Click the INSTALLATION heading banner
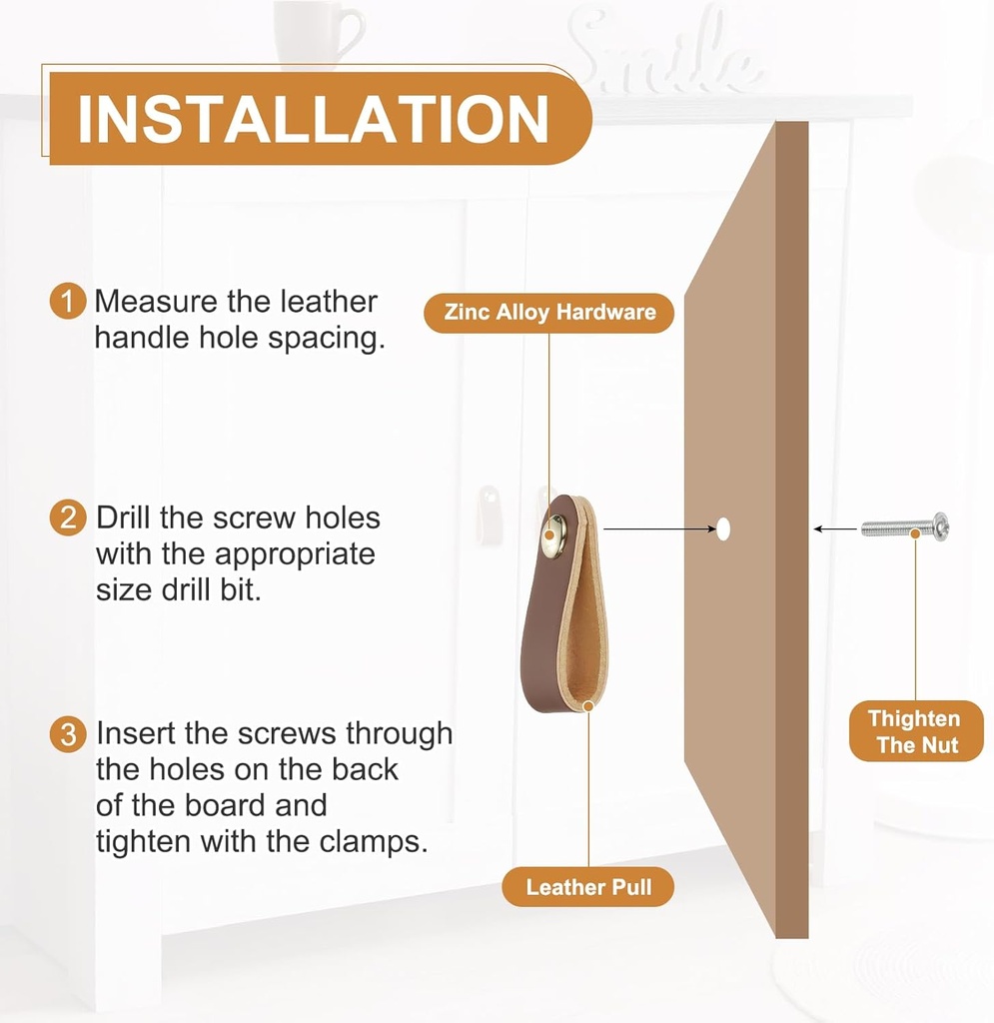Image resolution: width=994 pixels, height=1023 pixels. [x=321, y=118]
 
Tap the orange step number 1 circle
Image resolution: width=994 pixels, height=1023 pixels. [x=68, y=302]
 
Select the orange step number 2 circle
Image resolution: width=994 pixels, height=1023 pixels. [x=68, y=518]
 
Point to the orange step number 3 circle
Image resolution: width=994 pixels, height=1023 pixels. [x=68, y=734]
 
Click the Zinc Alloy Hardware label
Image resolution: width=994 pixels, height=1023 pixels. [x=549, y=313]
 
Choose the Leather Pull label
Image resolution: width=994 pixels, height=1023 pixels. [x=587, y=887]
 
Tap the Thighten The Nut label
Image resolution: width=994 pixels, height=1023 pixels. [x=916, y=731]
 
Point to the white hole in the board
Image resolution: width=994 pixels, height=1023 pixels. [x=723, y=529]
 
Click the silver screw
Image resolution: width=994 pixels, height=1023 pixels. [x=905, y=526]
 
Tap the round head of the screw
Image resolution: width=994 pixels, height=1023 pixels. [x=942, y=525]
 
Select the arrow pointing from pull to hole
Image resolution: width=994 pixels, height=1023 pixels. [x=659, y=529]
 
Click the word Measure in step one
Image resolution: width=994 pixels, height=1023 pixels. [x=155, y=302]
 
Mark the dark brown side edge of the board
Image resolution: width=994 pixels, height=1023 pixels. [x=792, y=529]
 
